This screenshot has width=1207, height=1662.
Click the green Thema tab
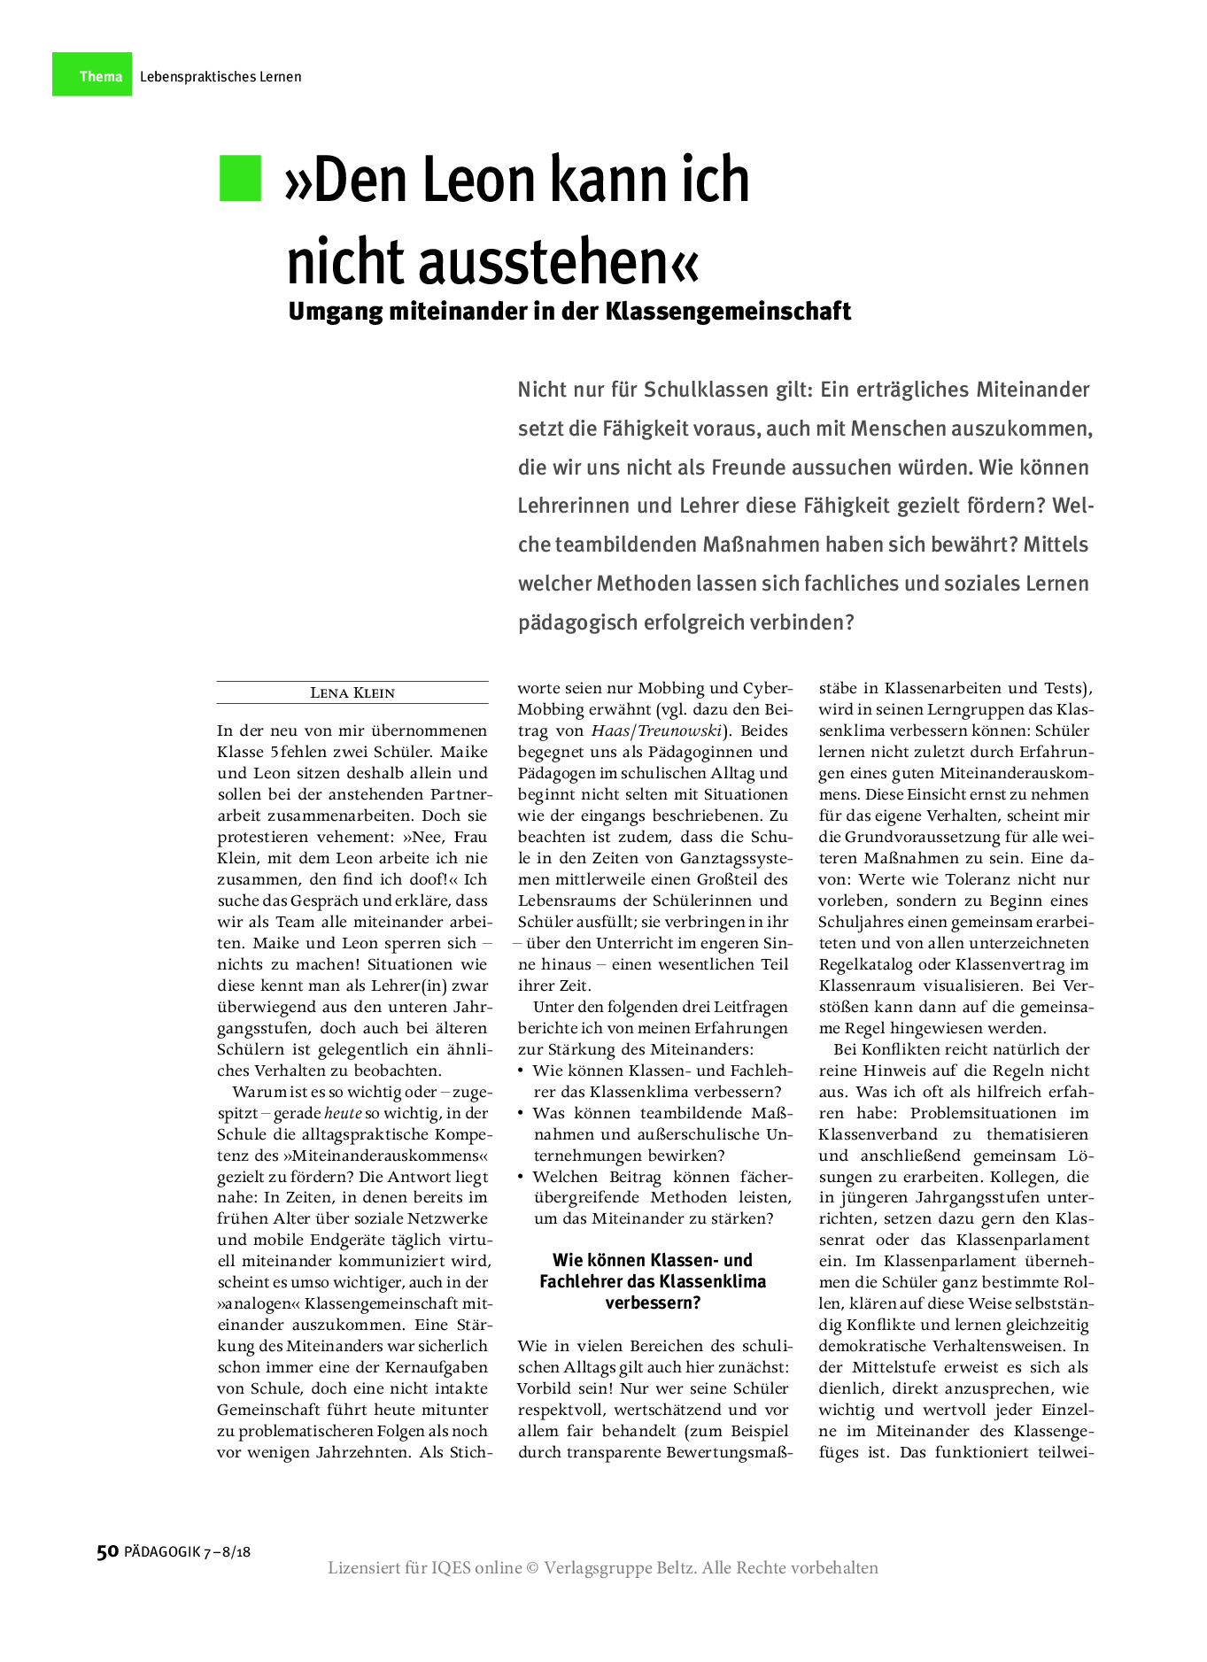(x=92, y=75)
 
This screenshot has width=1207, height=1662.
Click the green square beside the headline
(x=240, y=178)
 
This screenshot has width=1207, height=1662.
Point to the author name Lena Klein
(x=352, y=692)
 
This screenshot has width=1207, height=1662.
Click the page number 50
(x=107, y=1551)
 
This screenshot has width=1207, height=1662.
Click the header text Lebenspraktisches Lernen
(x=221, y=77)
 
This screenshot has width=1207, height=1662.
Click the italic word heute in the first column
(x=343, y=1113)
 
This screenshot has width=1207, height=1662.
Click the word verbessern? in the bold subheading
(x=653, y=1303)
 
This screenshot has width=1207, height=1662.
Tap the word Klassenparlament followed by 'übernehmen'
(x=930, y=1261)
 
